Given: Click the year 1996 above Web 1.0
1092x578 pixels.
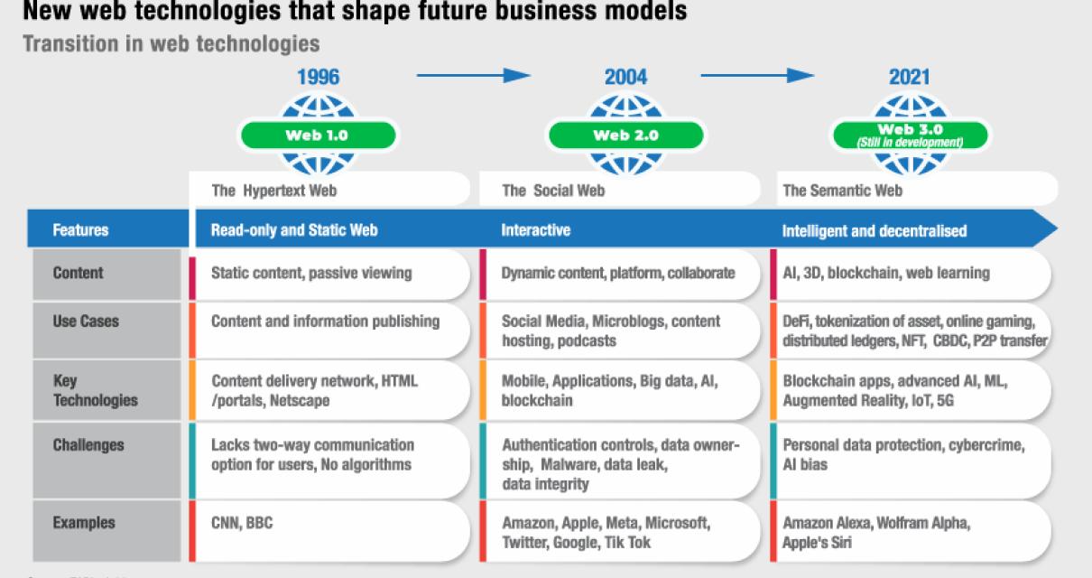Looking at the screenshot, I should (x=318, y=77).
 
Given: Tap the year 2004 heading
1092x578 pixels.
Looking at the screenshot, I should (x=625, y=77).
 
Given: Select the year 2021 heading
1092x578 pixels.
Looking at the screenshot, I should (x=909, y=77).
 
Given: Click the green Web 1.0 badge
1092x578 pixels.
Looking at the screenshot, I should (x=317, y=135).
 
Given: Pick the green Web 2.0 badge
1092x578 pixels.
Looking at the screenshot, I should (x=625, y=135).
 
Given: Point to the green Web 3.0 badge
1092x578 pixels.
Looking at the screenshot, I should (x=910, y=135).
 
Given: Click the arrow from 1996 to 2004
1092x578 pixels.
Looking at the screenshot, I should (x=473, y=76).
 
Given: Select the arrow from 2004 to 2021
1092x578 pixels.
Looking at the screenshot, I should (x=757, y=76).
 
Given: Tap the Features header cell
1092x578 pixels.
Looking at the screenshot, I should (x=81, y=230).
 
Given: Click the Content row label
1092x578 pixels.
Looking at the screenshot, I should (x=79, y=273).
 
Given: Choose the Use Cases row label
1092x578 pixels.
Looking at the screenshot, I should (x=86, y=322).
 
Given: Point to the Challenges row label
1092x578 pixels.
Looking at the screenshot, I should (x=88, y=445).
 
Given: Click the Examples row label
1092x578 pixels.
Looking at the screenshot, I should (x=84, y=523).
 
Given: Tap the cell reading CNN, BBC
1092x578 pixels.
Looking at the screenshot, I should (x=242, y=523).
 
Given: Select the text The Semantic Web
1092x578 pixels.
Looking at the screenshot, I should (x=842, y=191).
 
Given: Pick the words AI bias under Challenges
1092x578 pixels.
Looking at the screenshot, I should (x=805, y=464).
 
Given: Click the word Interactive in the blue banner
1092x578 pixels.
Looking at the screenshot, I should (x=536, y=230).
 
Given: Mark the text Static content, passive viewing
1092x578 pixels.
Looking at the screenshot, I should (x=311, y=273).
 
